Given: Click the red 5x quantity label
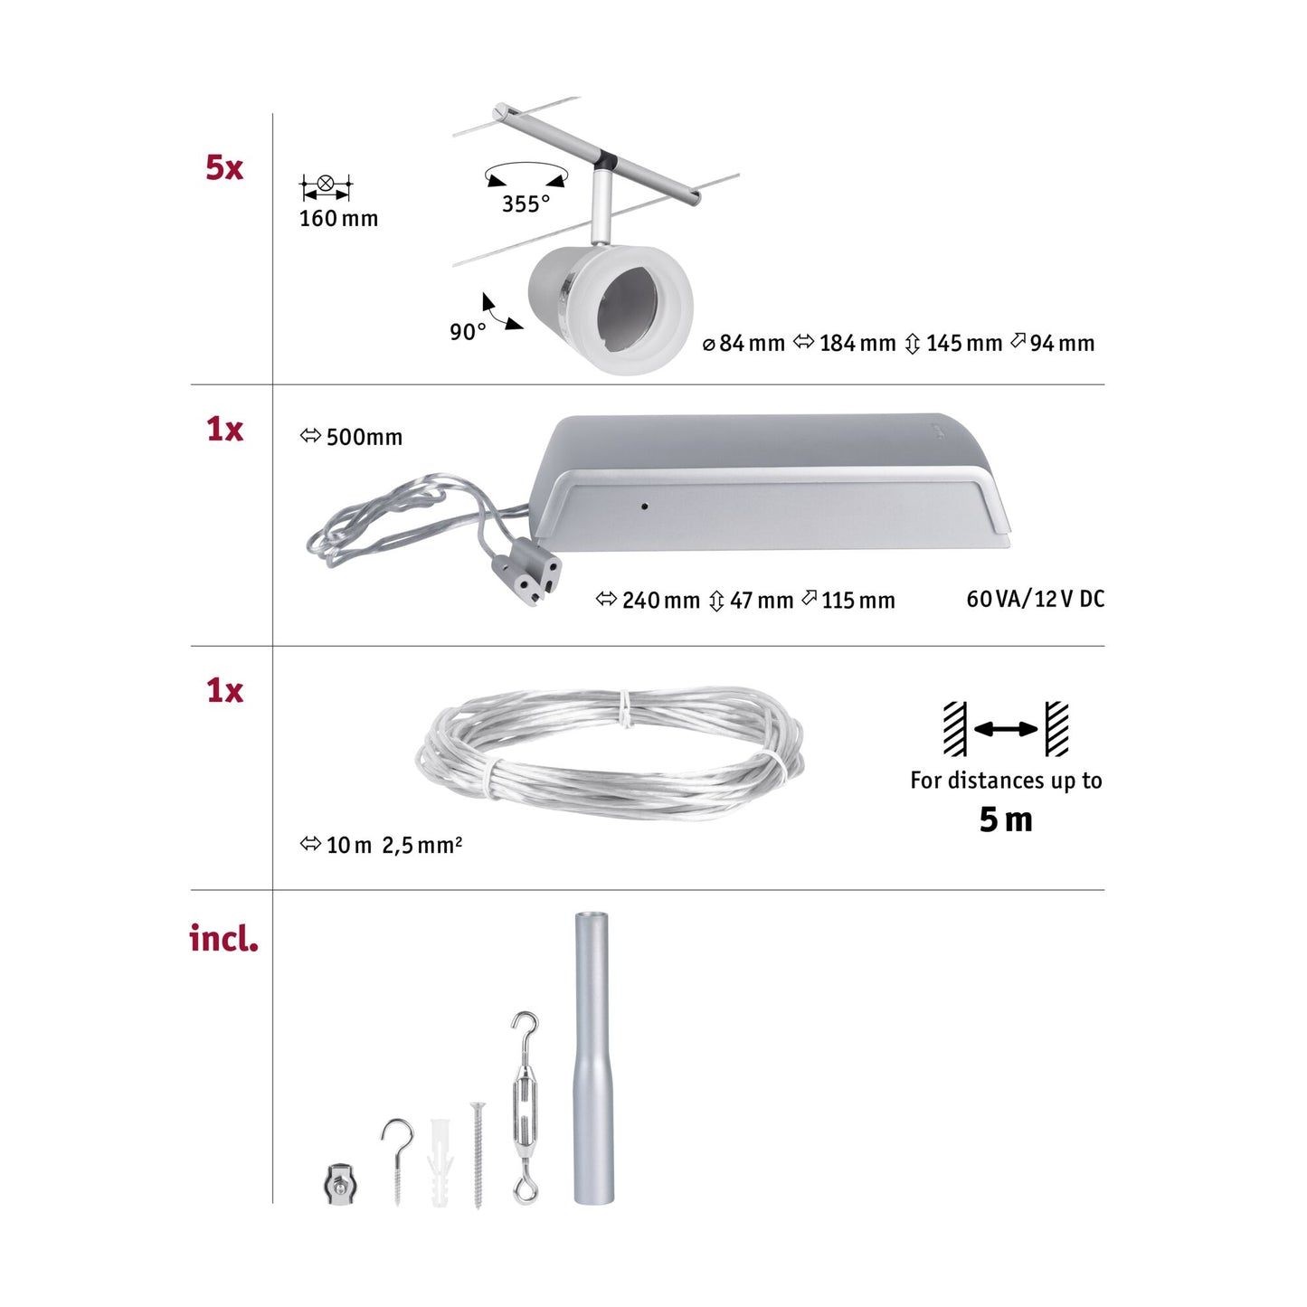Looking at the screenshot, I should click(224, 168).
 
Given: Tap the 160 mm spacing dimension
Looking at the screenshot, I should click(338, 219).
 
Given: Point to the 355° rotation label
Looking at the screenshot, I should click(526, 204).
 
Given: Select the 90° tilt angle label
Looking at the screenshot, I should click(468, 333).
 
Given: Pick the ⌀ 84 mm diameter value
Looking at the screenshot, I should click(743, 344).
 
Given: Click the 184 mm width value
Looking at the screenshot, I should click(856, 344).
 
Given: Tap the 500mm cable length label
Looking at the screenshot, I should click(363, 438).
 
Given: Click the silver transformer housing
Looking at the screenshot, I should click(769, 484).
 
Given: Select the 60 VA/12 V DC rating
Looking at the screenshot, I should click(1035, 599).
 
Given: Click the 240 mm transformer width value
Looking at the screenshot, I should click(659, 601).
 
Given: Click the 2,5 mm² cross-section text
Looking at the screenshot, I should click(421, 846).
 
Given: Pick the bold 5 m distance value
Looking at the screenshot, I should click(1005, 820).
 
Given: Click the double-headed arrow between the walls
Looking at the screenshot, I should click(1006, 729).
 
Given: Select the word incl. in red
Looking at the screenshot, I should click(223, 939).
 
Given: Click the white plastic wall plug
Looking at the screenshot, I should click(440, 1162).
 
